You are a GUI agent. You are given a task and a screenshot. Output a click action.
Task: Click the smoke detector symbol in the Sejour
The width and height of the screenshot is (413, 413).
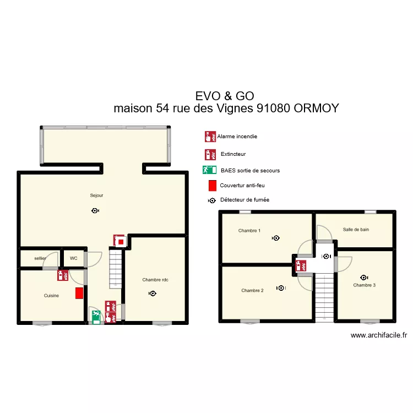[x=96, y=210]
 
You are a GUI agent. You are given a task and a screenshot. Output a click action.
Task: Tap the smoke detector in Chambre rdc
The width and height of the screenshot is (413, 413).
[x=152, y=294]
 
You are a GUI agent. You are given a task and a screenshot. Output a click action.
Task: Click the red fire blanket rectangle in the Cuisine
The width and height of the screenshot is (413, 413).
[x=80, y=293]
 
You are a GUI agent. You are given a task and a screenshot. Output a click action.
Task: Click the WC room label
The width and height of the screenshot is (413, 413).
[x=73, y=258]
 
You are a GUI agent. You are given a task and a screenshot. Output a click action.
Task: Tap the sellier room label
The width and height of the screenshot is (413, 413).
[x=40, y=258]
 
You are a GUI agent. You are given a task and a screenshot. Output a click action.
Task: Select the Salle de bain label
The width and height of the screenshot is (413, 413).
[x=356, y=230]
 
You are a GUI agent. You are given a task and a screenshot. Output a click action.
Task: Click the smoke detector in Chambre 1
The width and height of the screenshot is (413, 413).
[x=276, y=238]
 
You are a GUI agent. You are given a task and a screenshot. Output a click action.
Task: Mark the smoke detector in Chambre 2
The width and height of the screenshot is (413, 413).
[x=281, y=287]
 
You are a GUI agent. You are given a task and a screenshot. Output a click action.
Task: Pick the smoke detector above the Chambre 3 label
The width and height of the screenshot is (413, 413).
[x=363, y=278]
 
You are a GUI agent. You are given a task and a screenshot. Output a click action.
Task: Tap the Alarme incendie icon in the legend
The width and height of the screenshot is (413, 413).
[x=209, y=136]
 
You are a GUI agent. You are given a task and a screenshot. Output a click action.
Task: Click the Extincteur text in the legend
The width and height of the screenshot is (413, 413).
[x=233, y=154]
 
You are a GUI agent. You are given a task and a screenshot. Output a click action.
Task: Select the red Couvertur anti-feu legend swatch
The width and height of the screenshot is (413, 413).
[x=212, y=186]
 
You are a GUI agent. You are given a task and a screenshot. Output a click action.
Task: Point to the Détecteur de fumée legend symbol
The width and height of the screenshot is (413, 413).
[x=212, y=201]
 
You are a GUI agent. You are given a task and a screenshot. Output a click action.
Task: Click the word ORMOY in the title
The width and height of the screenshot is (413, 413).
[x=316, y=108]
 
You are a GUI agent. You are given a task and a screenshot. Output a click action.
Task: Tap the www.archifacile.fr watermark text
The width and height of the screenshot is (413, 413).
[x=378, y=335]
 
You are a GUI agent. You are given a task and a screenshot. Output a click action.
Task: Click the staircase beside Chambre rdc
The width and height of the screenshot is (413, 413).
[x=116, y=269]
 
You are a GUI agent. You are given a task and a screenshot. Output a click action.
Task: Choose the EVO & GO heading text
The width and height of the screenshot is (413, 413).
[x=224, y=96]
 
